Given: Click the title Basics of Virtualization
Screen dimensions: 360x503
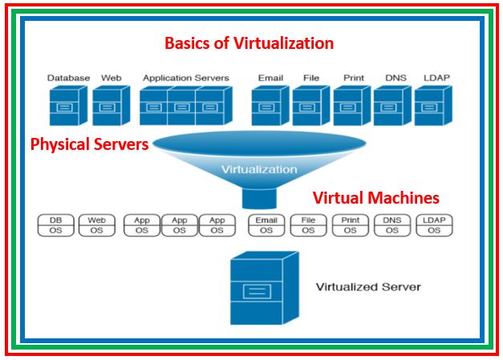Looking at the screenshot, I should (249, 42).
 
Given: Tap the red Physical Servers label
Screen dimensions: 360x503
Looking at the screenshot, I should (89, 145).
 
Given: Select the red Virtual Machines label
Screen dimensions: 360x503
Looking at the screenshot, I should (375, 197).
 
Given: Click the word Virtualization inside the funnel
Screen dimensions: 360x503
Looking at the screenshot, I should (258, 169).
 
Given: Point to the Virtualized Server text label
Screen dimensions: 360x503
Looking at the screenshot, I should (367, 286).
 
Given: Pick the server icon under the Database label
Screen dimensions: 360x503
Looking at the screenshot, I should (67, 106).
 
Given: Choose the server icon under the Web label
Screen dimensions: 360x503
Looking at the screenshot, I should (109, 106).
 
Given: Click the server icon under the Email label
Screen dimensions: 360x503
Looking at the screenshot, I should (270, 106).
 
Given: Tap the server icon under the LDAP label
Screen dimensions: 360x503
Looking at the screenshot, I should (432, 106).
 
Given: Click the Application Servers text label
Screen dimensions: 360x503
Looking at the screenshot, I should (185, 78).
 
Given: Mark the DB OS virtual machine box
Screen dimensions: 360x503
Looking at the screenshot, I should (56, 224).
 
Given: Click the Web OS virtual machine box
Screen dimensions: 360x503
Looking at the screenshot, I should (96, 224).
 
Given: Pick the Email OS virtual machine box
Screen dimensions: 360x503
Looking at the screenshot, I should (266, 224).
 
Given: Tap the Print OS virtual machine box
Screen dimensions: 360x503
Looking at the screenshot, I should (350, 224).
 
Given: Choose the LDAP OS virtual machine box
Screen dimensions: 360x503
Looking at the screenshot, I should (433, 224).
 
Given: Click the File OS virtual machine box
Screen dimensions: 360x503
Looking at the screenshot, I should (308, 224).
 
